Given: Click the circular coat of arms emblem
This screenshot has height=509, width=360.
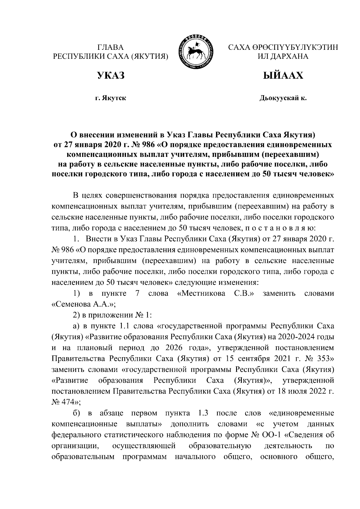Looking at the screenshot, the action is click(x=198, y=52).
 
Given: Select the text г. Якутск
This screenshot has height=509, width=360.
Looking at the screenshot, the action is click(x=110, y=98).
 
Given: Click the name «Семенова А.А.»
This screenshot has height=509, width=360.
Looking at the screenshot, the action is click(x=84, y=304).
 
